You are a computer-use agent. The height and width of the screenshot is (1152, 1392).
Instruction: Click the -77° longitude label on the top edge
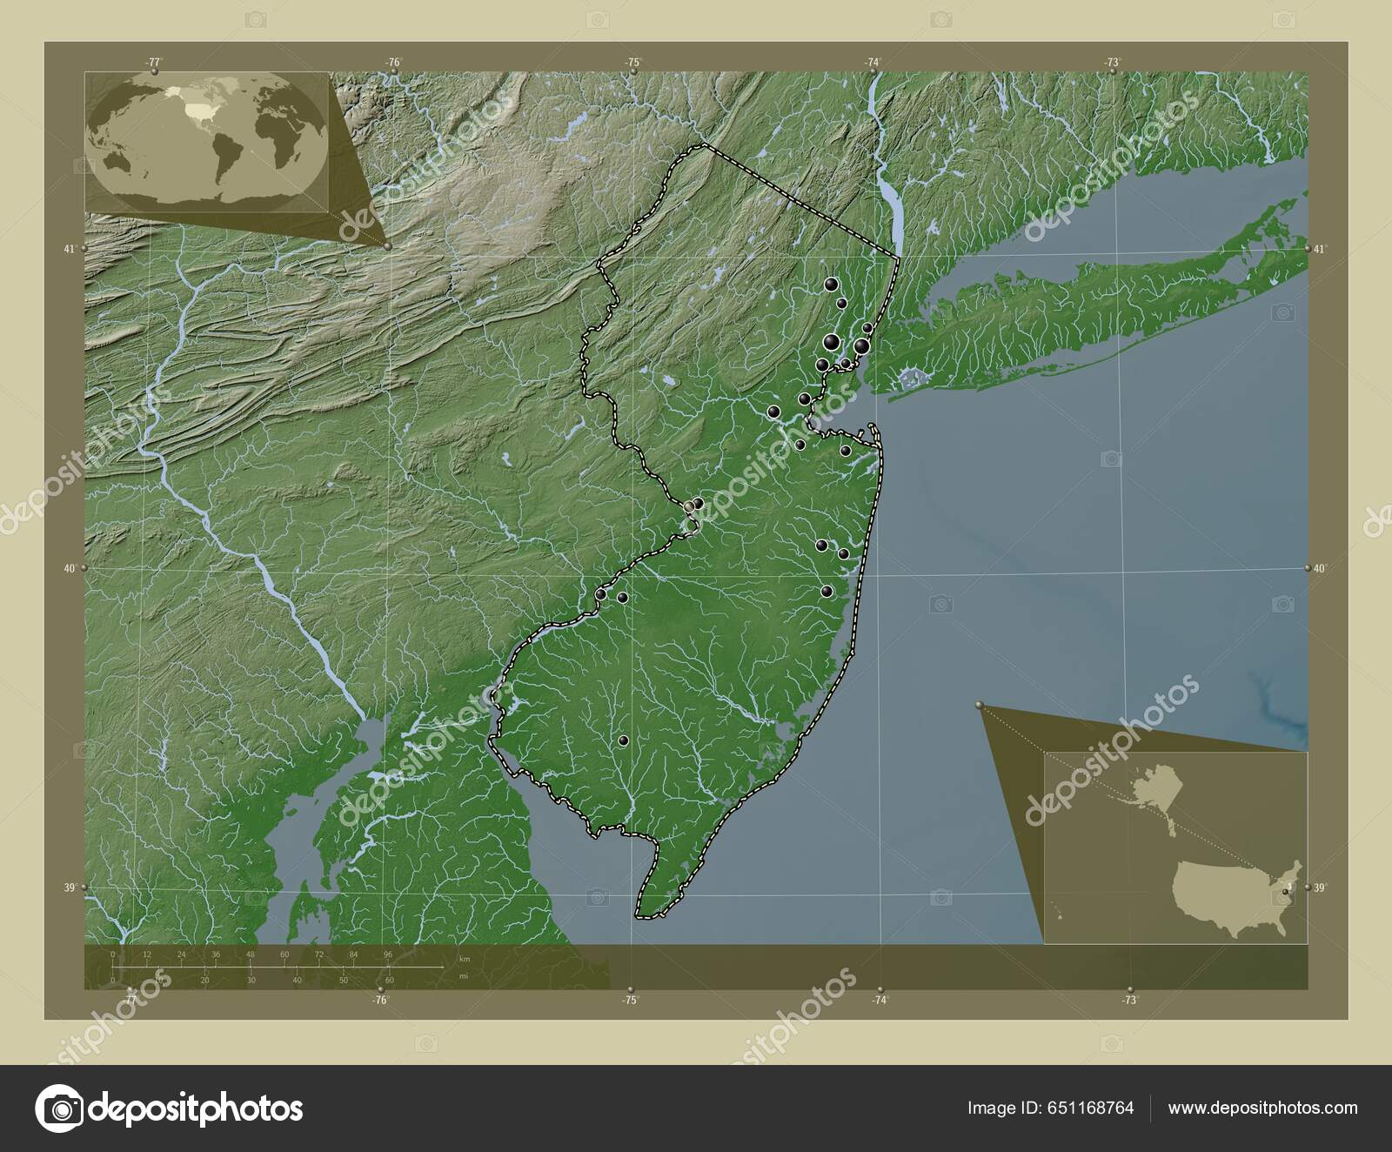point(154,62)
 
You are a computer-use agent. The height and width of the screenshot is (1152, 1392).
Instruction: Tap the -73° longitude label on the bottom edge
point(1129,1001)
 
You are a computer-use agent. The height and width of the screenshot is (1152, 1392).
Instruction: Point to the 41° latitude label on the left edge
point(69,249)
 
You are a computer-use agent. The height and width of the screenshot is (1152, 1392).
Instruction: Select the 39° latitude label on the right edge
point(1320,888)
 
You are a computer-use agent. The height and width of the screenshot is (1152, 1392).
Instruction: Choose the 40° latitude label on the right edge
point(1320,568)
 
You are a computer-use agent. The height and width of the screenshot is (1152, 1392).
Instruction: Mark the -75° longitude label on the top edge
point(632,62)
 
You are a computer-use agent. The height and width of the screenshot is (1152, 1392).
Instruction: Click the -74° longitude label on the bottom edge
point(880,1001)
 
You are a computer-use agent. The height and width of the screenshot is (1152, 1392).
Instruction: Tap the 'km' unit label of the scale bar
point(465,959)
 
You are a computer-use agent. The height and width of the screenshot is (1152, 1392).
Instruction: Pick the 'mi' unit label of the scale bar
point(465,975)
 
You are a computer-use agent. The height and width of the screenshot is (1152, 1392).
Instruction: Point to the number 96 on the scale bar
point(388,954)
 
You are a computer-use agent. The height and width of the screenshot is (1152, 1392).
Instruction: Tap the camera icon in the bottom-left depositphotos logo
point(59,1108)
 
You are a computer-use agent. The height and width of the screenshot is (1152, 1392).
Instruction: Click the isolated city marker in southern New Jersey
point(623,741)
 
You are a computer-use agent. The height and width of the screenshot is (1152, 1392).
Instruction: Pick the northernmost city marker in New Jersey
point(832,284)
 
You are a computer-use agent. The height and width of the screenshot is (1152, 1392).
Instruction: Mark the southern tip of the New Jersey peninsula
point(642,916)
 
